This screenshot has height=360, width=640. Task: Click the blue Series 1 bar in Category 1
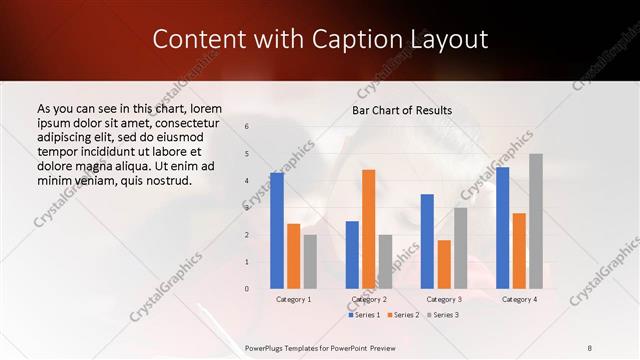point(277,231)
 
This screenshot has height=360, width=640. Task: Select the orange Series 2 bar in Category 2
point(368,229)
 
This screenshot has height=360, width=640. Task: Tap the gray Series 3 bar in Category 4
point(536,221)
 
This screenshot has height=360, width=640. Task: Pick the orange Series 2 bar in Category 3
point(444,264)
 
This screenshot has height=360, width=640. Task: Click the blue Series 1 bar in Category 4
point(502,228)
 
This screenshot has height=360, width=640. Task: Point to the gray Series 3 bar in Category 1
point(310,262)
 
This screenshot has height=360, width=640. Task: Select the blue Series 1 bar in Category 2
point(352,255)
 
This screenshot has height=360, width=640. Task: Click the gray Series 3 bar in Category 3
point(460,248)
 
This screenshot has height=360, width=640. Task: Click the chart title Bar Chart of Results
point(402,110)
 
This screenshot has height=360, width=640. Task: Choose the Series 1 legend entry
point(364,315)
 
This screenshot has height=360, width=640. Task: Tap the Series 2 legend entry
point(403,315)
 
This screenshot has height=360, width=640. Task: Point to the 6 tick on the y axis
point(246,127)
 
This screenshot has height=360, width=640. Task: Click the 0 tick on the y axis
point(246,289)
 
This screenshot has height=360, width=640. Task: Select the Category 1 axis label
point(293,299)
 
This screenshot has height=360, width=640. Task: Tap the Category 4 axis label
point(519,299)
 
